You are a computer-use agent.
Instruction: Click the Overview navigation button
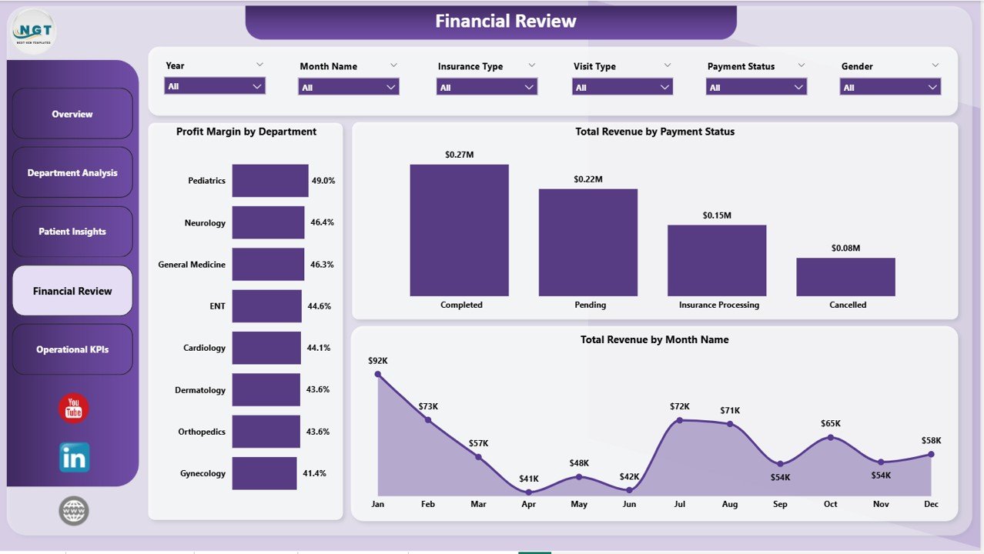pos(72,114)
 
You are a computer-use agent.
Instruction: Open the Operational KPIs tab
pos(72,349)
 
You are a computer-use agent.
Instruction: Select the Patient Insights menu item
pos(72,232)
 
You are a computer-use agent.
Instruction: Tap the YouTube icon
pos(74,408)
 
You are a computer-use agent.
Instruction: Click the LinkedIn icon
pos(75,457)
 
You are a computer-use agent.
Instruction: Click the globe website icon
pos(74,510)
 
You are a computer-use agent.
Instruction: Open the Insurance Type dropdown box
pos(487,88)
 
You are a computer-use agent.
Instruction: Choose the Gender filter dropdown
pos(890,88)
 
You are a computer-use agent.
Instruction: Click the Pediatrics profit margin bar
pos(270,181)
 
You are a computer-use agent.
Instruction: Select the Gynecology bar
pos(264,473)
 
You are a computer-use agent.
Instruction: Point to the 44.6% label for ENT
pos(319,306)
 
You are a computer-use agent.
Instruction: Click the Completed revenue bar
pos(459,230)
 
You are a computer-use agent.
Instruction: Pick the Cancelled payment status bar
pos(845,276)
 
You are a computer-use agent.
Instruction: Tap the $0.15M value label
pos(717,215)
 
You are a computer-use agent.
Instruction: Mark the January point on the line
pos(377,374)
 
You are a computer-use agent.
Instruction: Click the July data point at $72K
pos(679,420)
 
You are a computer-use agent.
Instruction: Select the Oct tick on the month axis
pos(830,504)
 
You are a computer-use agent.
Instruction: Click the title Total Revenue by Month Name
pos(654,339)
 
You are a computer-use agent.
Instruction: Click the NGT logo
pos(34,32)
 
